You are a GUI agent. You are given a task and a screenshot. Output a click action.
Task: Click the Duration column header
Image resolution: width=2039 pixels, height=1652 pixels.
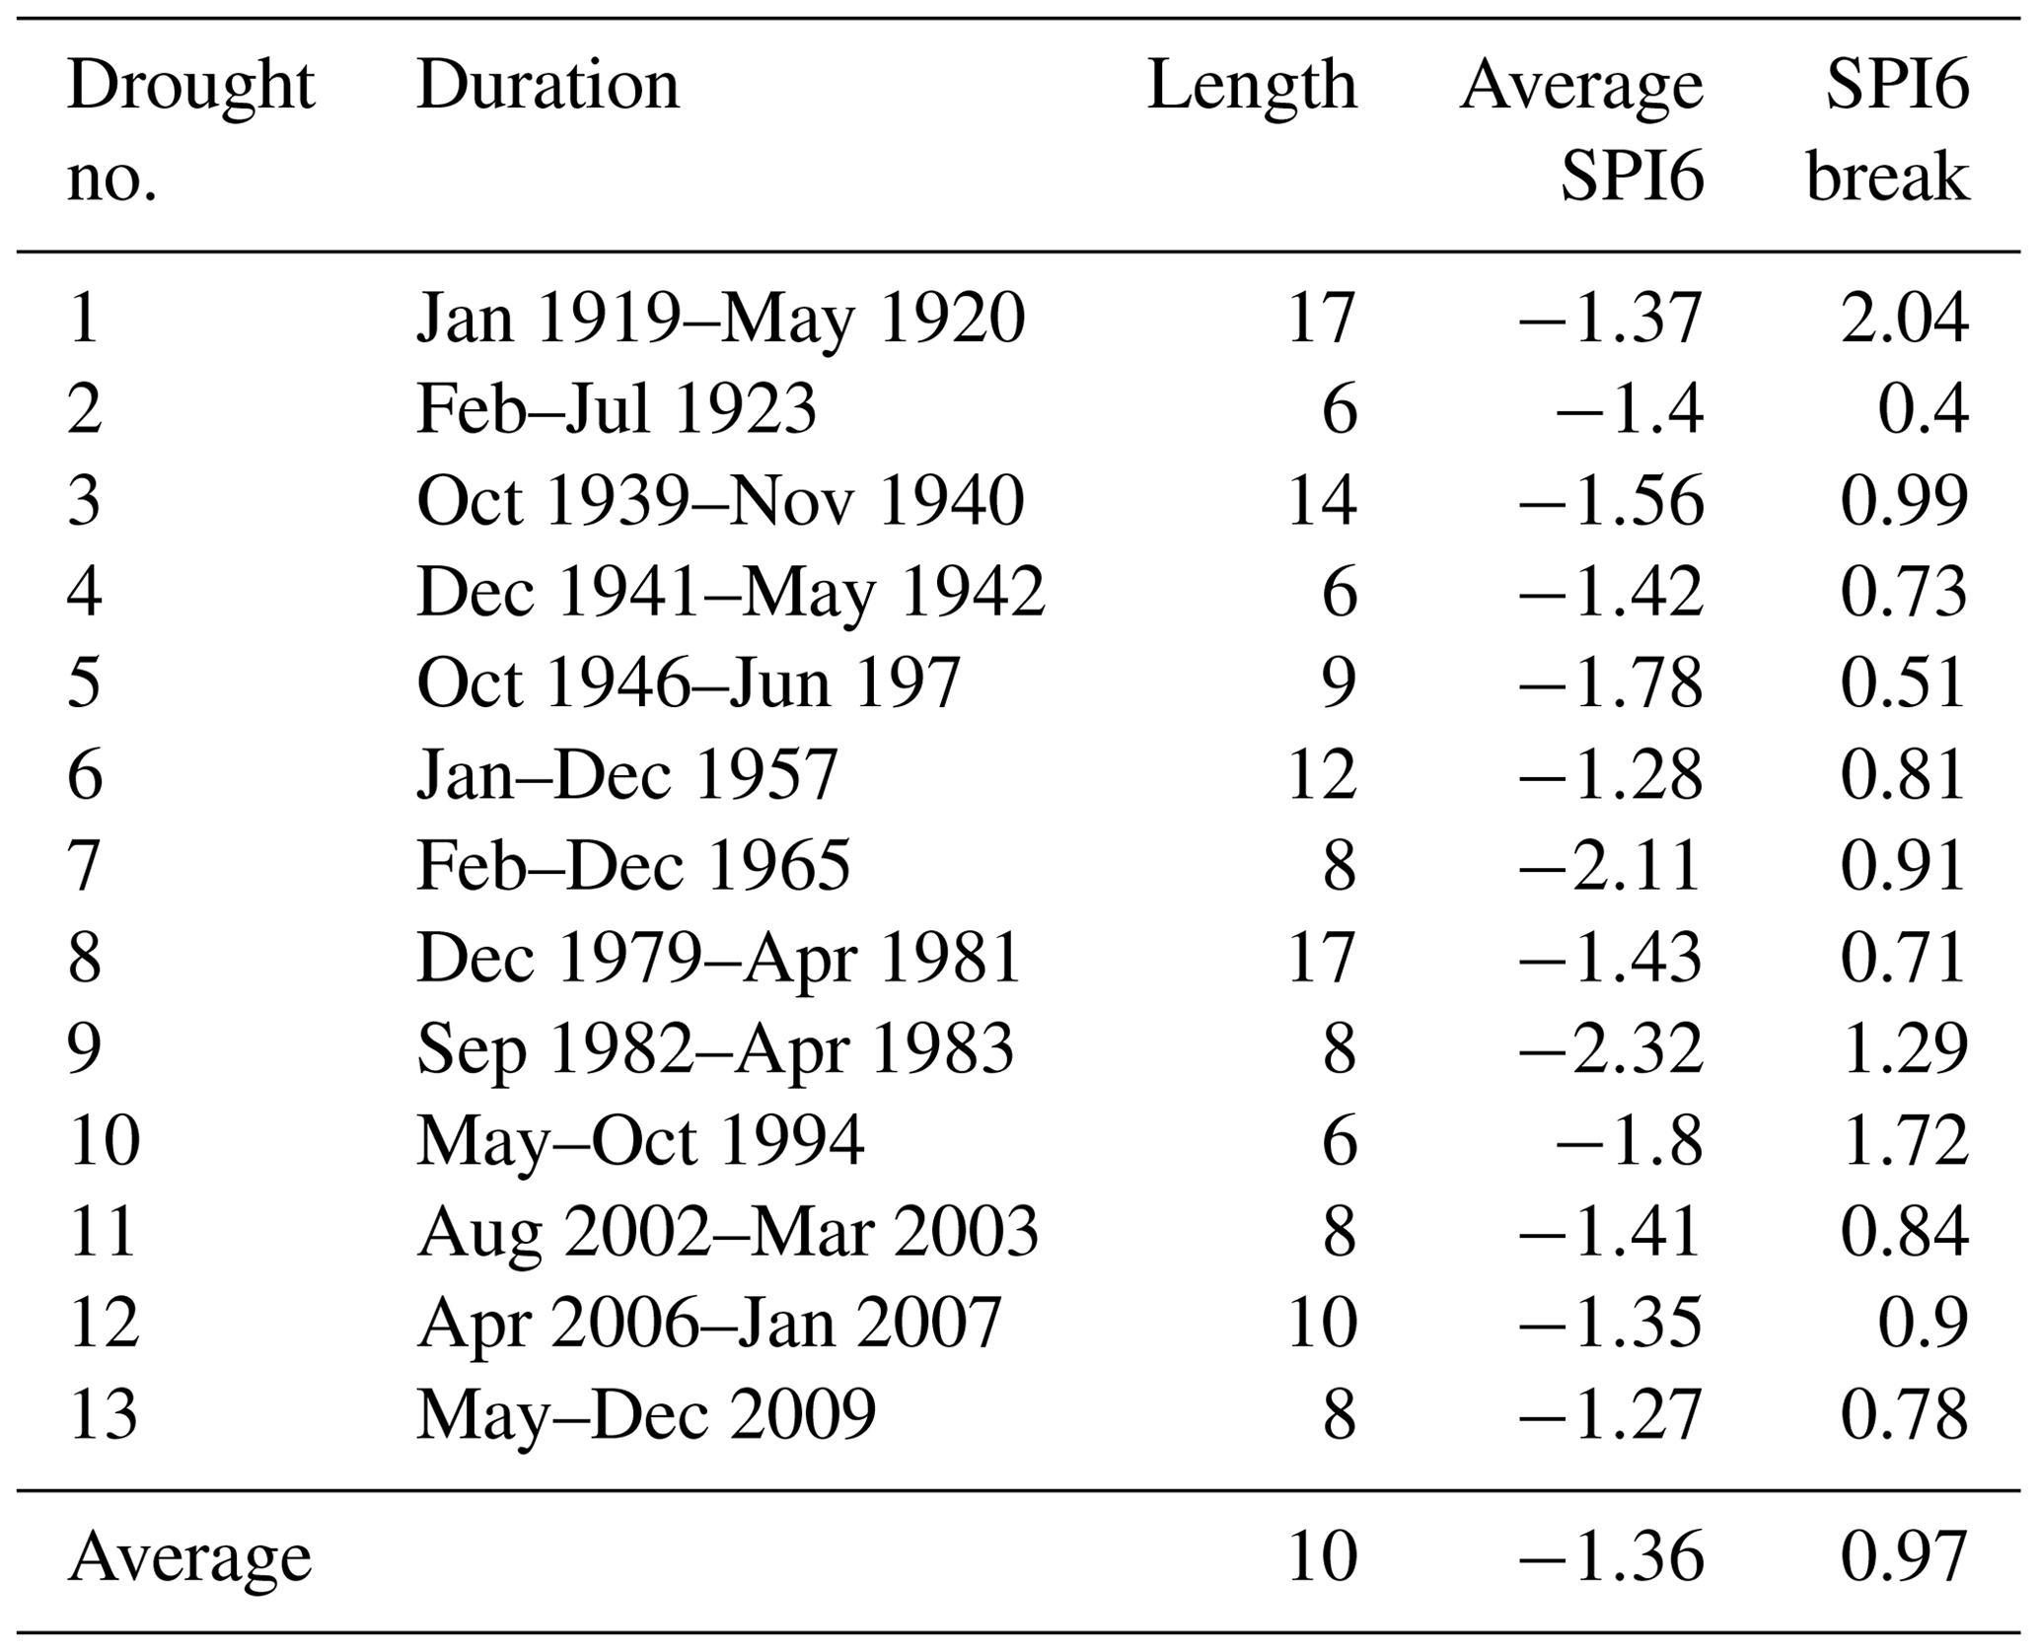tap(547, 87)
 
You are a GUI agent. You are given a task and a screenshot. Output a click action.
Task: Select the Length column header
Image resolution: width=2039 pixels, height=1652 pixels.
tap(1252, 87)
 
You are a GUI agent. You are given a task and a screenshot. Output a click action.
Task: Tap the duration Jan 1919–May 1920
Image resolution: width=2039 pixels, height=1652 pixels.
tap(720, 320)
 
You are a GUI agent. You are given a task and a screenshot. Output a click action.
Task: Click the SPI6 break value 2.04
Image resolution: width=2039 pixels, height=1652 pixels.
tap(1904, 320)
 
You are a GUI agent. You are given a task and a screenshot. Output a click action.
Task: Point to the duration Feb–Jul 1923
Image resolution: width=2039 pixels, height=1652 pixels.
tap(617, 409)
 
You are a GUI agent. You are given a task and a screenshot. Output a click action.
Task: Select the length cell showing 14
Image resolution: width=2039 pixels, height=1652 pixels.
tap(1322, 501)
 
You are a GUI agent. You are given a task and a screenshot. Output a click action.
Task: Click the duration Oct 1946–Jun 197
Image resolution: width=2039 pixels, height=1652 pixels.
tap(688, 682)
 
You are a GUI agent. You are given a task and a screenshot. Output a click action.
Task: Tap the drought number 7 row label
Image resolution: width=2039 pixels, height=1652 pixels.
tap(84, 866)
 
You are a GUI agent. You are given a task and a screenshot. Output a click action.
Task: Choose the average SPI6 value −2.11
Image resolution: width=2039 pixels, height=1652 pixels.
tap(1611, 866)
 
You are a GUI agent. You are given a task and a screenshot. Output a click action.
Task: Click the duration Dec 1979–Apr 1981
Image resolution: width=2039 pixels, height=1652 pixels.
tap(718, 958)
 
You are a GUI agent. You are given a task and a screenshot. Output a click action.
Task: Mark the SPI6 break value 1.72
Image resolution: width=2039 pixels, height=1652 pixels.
tap(1904, 1140)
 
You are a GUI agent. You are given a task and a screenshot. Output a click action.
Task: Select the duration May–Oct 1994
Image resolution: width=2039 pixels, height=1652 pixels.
tap(640, 1140)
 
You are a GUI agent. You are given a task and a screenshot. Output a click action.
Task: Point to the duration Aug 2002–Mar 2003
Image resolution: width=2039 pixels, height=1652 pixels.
tap(727, 1232)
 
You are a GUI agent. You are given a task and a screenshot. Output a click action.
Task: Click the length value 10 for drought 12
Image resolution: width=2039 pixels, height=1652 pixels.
tap(1322, 1323)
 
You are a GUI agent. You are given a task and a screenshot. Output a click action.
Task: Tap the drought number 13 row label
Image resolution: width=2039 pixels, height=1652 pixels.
tap(104, 1414)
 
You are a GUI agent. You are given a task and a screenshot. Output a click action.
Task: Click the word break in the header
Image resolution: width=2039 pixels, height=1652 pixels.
tap(1887, 180)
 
